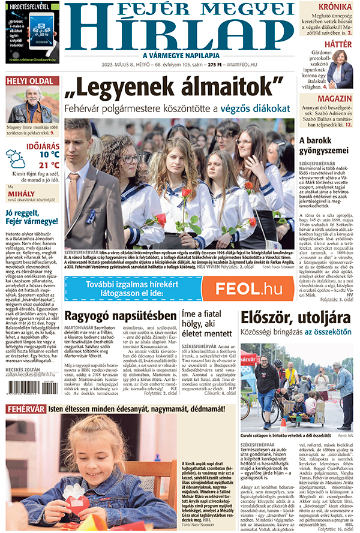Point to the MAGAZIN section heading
point(335,98)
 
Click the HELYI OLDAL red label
point(32,80)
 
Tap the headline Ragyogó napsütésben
point(121,315)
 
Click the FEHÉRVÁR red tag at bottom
point(26,409)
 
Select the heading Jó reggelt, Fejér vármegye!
point(32,217)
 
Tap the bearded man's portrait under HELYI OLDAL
point(33,104)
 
